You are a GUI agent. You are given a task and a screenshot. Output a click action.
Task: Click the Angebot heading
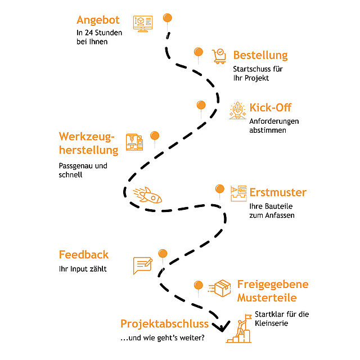[98, 20]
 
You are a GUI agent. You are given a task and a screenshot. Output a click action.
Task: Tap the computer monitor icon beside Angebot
[143, 24]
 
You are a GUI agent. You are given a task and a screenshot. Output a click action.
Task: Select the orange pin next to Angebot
[168, 18]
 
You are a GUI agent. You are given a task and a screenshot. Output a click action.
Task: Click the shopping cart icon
[219, 56]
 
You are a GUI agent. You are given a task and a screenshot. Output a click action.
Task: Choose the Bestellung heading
[260, 55]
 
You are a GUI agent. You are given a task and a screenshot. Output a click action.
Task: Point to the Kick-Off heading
[271, 107]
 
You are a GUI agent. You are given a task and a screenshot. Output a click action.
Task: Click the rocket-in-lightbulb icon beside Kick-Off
[237, 111]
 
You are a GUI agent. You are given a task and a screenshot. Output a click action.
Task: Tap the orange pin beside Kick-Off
[201, 105]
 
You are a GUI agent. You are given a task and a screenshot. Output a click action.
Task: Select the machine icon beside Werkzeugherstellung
[134, 142]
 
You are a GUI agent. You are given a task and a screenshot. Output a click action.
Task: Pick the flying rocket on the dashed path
[147, 195]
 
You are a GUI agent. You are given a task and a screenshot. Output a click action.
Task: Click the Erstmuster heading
[278, 192]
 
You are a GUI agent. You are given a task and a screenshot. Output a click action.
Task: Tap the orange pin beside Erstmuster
[220, 189]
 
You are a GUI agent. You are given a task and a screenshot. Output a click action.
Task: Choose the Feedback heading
[84, 255]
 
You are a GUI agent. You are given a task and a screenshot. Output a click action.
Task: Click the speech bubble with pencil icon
[142, 265]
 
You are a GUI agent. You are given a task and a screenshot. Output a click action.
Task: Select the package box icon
[220, 289]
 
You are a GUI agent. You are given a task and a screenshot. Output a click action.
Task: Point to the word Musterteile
[267, 298]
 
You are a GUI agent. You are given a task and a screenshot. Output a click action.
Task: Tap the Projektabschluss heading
[164, 324]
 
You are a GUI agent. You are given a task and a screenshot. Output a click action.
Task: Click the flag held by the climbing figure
[248, 317]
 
